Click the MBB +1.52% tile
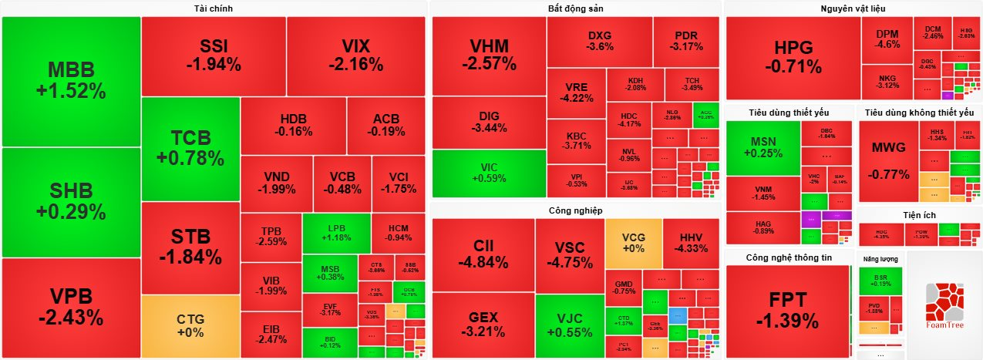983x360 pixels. pyautogui.click(x=71, y=81)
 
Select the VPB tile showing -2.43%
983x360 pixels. pyautogui.click(x=71, y=307)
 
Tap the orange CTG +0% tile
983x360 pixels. pyautogui.click(x=190, y=325)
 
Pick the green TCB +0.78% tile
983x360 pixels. pyautogui.click(x=190, y=148)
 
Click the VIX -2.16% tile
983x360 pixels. pyautogui.click(x=355, y=55)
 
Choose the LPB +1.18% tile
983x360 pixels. pyautogui.click(x=336, y=232)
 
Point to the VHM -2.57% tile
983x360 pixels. pyautogui.click(x=489, y=56)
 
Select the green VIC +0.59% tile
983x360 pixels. pyautogui.click(x=489, y=173)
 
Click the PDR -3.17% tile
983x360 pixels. pyautogui.click(x=686, y=41)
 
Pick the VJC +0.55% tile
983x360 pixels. pyautogui.click(x=570, y=325)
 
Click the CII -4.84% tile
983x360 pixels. pyautogui.click(x=483, y=254)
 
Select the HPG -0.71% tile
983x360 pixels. pyautogui.click(x=793, y=58)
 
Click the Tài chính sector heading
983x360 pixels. pyautogui.click(x=214, y=8)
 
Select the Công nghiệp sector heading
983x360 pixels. pyautogui.click(x=575, y=210)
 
